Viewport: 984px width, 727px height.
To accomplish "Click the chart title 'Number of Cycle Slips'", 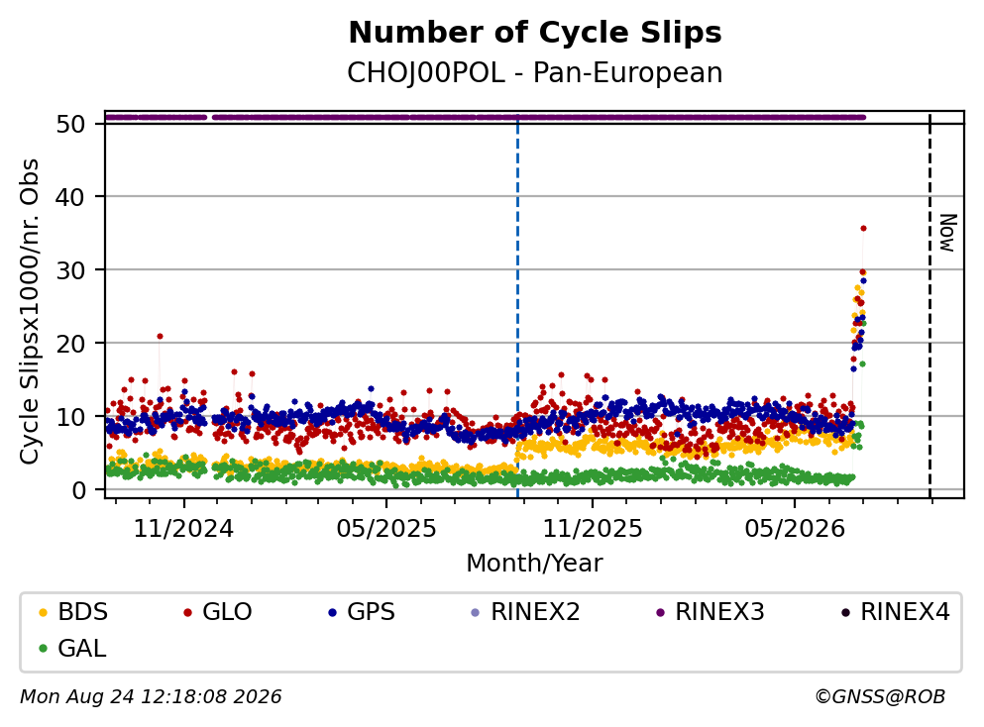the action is point(535,33).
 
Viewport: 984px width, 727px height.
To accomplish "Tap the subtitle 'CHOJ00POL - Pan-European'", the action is point(535,72).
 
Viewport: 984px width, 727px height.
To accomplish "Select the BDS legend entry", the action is point(72,611).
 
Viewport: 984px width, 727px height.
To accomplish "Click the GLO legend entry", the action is point(217,611).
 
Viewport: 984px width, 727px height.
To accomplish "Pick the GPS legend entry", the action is point(362,611).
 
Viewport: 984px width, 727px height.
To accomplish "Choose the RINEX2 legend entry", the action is point(525,611).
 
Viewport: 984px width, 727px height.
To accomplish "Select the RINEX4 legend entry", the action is point(895,611).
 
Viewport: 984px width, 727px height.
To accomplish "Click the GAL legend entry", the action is point(72,648).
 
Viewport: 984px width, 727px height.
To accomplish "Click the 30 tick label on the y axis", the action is point(71,270).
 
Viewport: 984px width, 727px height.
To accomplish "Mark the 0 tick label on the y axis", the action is point(78,490).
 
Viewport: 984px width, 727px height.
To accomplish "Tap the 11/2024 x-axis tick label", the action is point(183,529).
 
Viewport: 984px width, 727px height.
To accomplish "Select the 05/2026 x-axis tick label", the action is point(795,529).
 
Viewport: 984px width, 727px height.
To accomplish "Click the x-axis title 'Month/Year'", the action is point(534,563).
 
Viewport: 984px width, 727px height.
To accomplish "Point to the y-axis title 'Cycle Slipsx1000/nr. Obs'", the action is point(29,311).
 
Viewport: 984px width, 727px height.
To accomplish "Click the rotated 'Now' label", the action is point(947,233).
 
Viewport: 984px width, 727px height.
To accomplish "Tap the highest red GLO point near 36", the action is point(863,229).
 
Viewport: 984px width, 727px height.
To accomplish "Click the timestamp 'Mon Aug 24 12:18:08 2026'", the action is point(151,696).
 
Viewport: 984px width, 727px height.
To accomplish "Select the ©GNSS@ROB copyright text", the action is point(880,696).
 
